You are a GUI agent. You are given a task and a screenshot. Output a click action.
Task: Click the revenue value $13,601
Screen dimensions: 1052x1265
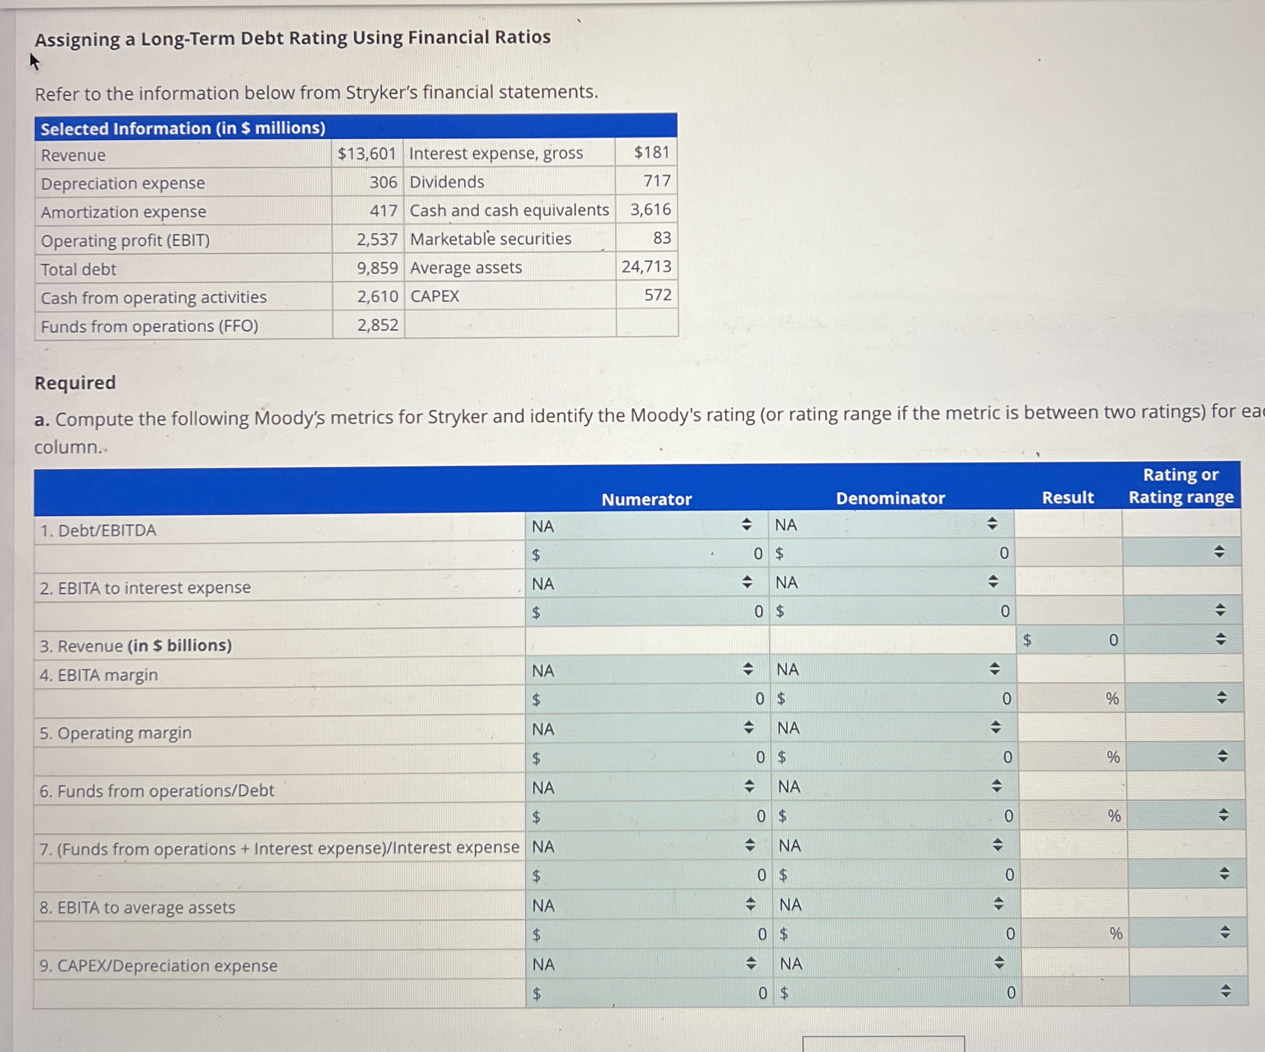click(366, 154)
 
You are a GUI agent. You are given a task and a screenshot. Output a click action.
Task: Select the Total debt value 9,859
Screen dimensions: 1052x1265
click(377, 268)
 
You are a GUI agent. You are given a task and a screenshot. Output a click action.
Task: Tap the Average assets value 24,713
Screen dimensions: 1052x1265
click(646, 266)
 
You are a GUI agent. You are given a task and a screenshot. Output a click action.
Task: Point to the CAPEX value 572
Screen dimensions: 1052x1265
click(658, 294)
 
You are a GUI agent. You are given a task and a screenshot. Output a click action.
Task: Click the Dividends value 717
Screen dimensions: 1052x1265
click(657, 181)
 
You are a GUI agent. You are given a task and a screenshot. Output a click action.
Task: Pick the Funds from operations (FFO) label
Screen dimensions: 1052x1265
click(149, 326)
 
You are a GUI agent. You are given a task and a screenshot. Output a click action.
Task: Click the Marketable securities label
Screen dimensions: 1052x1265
click(490, 239)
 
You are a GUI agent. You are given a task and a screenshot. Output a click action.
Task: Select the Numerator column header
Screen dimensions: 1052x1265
click(646, 499)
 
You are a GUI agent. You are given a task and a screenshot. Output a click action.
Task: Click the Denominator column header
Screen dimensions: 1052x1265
click(890, 498)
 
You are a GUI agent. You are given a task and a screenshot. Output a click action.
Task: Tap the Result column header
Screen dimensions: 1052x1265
click(1067, 497)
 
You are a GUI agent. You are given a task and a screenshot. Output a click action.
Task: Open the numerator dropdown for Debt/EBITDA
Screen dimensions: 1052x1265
click(746, 524)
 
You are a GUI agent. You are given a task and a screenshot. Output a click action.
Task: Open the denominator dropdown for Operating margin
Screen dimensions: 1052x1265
click(995, 727)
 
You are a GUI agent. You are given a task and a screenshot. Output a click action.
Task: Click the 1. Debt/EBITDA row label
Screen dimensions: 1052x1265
click(98, 530)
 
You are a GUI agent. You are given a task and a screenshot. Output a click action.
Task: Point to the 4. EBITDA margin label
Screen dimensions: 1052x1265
click(99, 675)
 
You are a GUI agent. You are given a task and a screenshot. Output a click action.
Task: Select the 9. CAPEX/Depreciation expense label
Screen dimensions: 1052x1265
click(158, 966)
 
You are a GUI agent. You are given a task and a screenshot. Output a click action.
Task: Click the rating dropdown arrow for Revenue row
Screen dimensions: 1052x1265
click(1220, 638)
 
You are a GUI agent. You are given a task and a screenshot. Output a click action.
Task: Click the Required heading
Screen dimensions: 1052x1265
click(75, 383)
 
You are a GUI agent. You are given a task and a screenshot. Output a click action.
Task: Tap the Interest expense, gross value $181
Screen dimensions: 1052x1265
click(652, 152)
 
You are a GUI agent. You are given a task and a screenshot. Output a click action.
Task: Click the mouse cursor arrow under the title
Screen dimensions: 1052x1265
click(34, 61)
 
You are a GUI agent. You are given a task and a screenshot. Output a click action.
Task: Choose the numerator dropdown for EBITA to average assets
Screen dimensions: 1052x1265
click(750, 904)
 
